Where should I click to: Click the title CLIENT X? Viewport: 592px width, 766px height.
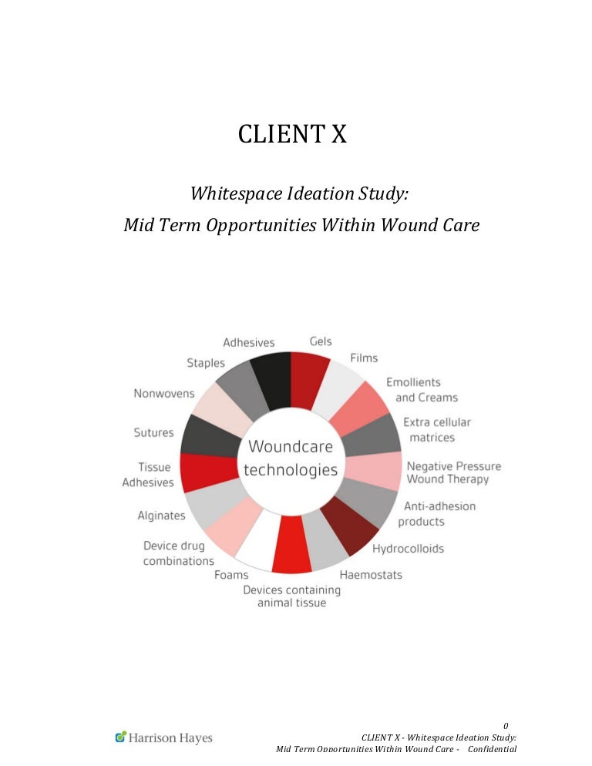tap(292, 134)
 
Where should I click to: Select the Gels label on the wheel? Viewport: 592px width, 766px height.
tap(321, 341)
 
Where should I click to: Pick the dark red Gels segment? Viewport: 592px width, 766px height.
tap(309, 380)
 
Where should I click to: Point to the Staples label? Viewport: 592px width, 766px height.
tap(206, 363)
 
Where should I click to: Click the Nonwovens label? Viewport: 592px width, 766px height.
tap(164, 393)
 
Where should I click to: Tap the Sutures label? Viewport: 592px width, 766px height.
tap(154, 432)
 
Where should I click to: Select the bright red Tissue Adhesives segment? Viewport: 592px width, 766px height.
tap(209, 472)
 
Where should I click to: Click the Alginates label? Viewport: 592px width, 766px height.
tap(161, 516)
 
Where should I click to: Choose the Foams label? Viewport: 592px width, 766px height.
tap(231, 575)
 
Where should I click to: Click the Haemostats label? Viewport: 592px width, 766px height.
tap(371, 575)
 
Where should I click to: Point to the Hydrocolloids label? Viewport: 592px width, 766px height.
tap(409, 549)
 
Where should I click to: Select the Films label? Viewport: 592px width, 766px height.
tap(364, 358)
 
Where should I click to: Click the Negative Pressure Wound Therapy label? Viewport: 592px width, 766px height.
tap(454, 472)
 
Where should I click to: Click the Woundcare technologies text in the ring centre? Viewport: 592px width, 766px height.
tap(291, 458)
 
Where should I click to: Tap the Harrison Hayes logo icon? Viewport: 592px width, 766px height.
tap(121, 736)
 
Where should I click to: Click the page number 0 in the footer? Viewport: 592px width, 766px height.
tap(506, 726)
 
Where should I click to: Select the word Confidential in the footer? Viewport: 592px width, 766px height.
tap(492, 749)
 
